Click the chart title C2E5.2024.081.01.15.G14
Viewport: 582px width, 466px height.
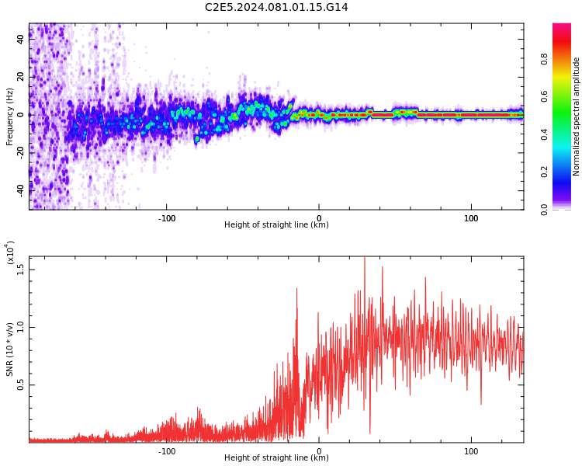click(x=276, y=8)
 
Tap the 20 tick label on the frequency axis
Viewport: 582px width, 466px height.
click(x=21, y=76)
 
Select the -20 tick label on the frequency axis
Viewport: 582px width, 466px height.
click(x=21, y=151)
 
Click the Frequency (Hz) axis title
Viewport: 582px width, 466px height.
click(x=10, y=115)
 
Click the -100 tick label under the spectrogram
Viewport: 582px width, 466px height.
click(x=167, y=218)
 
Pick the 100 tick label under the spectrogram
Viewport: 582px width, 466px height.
click(x=471, y=218)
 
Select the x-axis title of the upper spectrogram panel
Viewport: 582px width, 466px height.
click(x=276, y=225)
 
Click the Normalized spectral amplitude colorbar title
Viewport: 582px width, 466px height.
click(x=577, y=116)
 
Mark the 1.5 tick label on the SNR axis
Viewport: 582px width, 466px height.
click(x=21, y=270)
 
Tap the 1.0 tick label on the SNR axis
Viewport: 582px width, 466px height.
click(x=21, y=327)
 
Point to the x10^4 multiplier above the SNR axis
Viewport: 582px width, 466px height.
click(x=10, y=252)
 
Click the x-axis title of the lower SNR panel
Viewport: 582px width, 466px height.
click(x=276, y=458)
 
